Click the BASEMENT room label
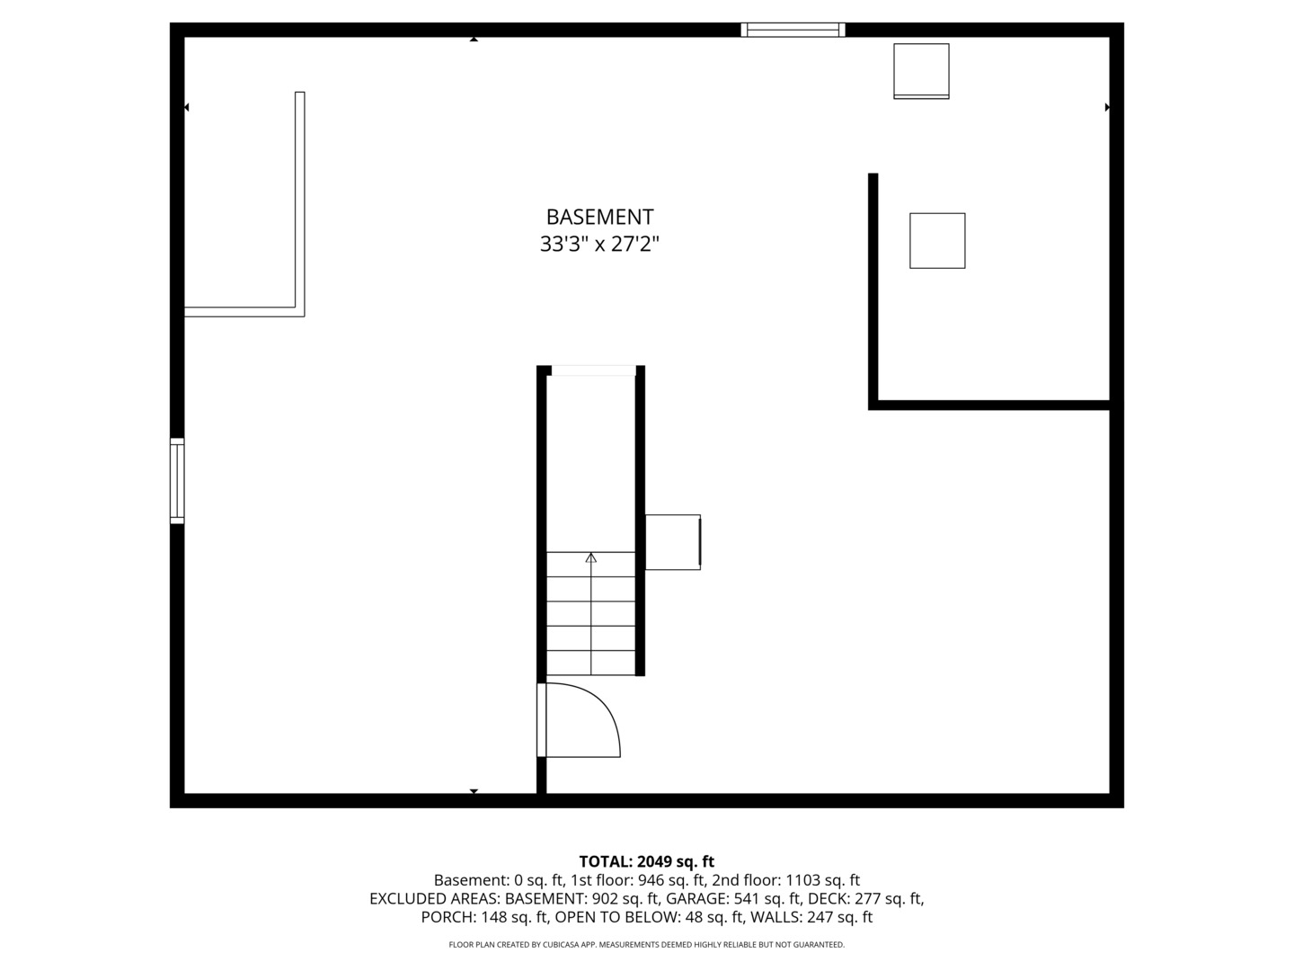[x=599, y=217]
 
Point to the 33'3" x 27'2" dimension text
[x=599, y=244]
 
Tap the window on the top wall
[x=793, y=30]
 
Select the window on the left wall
[x=177, y=480]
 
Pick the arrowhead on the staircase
[x=590, y=557]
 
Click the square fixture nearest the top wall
[x=921, y=71]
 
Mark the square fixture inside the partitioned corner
[x=937, y=241]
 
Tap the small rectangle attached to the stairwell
[x=672, y=542]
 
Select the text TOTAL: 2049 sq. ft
[x=646, y=861]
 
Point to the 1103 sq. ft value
[x=822, y=880]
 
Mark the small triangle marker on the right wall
[x=1107, y=107]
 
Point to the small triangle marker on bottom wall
[x=474, y=791]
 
